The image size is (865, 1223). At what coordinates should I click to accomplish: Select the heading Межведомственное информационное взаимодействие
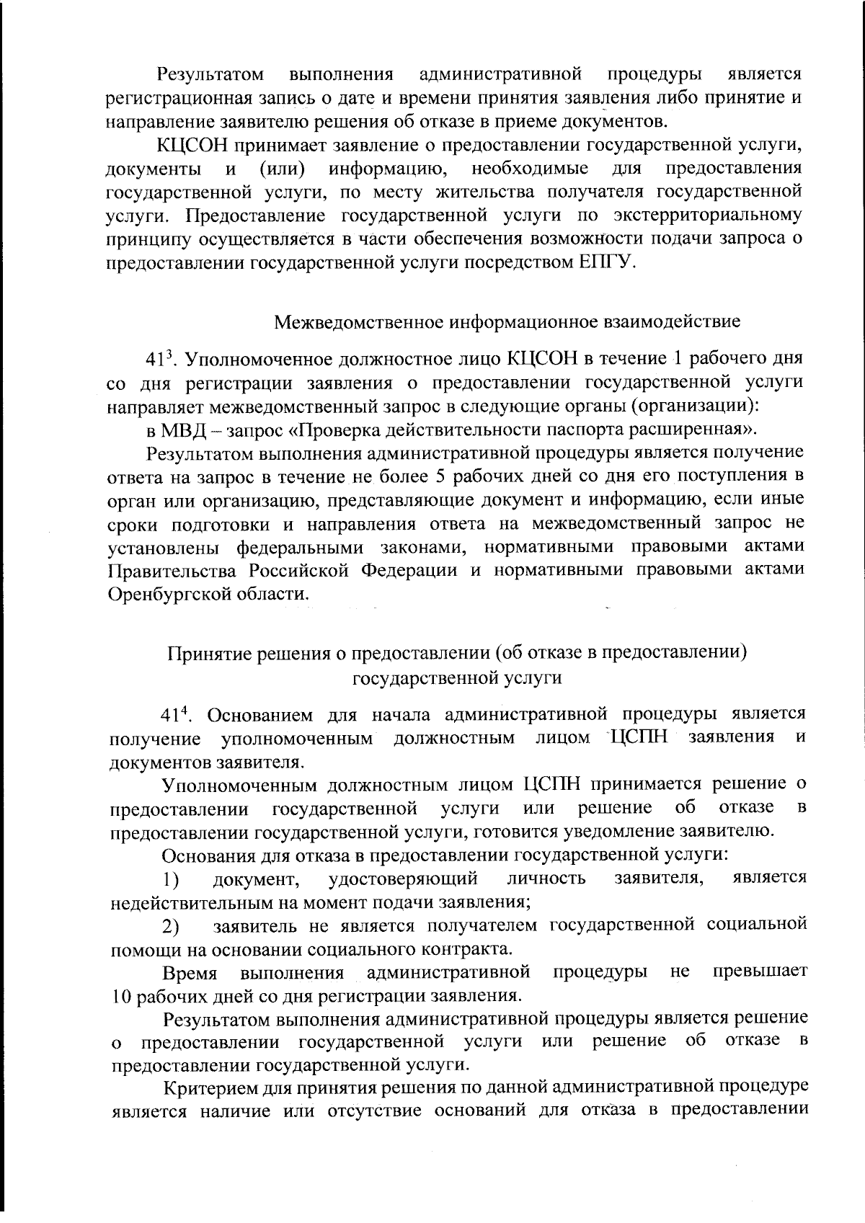tap(507, 321)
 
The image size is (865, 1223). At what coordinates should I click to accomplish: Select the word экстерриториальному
tap(708, 215)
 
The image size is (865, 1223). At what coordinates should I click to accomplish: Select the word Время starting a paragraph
tap(190, 974)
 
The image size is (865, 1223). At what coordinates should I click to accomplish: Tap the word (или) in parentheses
tap(281, 169)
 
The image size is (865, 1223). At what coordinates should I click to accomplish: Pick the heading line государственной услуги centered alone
tap(456, 678)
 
